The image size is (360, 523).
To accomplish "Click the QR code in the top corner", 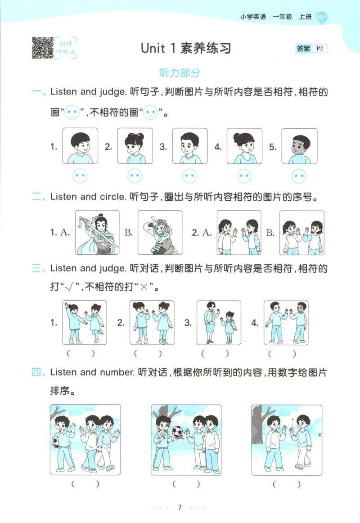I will [42, 48].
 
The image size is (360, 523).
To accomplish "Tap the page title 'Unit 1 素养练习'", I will [186, 48].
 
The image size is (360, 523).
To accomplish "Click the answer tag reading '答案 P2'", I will [312, 49].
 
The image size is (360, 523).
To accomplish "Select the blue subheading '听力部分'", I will [180, 73].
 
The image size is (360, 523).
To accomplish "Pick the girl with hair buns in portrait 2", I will [135, 146].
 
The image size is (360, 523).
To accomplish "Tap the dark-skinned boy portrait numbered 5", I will [299, 146].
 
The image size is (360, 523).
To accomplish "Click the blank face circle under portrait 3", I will [189, 176].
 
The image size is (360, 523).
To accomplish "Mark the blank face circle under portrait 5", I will [299, 176].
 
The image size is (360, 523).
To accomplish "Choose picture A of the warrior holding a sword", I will [97, 232].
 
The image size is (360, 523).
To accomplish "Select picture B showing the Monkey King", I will [160, 232].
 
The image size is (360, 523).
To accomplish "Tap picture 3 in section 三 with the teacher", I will [219, 323].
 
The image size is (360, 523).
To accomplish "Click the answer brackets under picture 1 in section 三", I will [84, 353].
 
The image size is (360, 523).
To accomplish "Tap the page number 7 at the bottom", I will [180, 508].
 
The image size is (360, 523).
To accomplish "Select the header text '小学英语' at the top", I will [253, 17].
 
